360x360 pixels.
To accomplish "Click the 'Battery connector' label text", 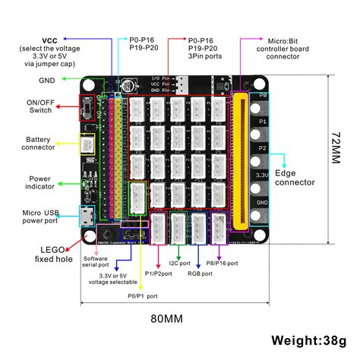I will coord(39,144).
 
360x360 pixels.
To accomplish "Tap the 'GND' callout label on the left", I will coord(46,79).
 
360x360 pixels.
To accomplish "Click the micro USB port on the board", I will coord(87,216).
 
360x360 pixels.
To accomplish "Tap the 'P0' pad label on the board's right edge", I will coord(262,96).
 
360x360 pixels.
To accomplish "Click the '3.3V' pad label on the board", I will coord(262,174).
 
